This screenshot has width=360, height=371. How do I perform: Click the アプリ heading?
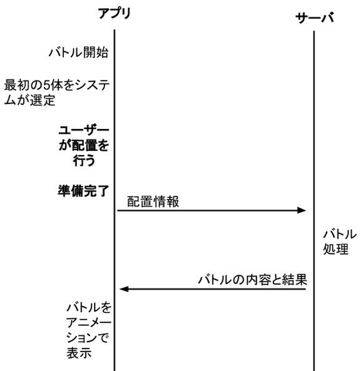tap(115, 13)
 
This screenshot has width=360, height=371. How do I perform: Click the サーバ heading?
tap(314, 18)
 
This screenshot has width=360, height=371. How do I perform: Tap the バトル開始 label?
tap(78, 53)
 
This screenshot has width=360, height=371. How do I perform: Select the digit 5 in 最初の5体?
tap(46, 85)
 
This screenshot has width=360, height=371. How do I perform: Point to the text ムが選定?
tap(30, 100)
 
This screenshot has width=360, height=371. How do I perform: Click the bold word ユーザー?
tap(84, 130)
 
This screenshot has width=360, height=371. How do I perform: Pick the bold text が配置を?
tap(84, 145)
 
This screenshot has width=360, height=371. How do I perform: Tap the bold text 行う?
tap(84, 160)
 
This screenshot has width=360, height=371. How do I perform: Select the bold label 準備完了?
tap(83, 191)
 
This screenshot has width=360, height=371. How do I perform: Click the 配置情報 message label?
tap(153, 201)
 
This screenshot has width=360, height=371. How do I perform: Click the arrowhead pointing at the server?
tap(302, 210)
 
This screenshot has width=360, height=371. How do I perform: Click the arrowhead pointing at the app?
tap(124, 289)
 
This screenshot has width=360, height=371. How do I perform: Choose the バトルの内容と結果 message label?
tap(252, 280)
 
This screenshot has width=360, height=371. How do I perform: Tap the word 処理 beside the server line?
tap(336, 249)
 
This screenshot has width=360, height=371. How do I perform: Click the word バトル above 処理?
tap(340, 234)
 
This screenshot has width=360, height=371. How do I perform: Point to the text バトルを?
tap(89, 308)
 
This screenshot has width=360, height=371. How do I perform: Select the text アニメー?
tap(89, 322)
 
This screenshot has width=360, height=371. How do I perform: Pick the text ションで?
tap(88, 338)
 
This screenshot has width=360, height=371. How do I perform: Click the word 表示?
tap(79, 353)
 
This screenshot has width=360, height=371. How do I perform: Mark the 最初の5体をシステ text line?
tap(57, 85)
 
